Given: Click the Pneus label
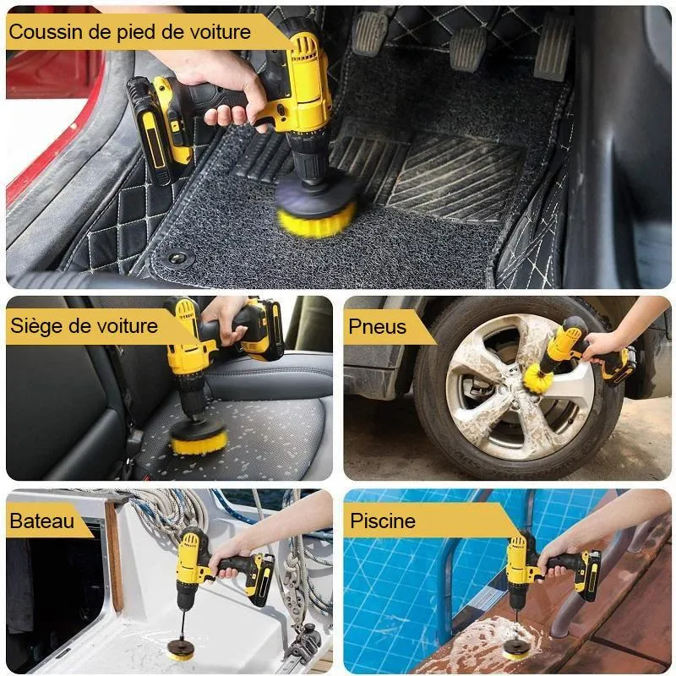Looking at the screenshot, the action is [x=377, y=327].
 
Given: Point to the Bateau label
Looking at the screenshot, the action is [x=41, y=521].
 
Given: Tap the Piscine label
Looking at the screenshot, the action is [x=383, y=521].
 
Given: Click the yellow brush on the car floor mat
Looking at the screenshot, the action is [x=316, y=220].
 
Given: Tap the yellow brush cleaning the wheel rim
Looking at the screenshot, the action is [x=537, y=376].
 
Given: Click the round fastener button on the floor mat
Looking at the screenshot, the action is [x=177, y=258].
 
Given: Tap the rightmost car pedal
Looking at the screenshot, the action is [x=552, y=47].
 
